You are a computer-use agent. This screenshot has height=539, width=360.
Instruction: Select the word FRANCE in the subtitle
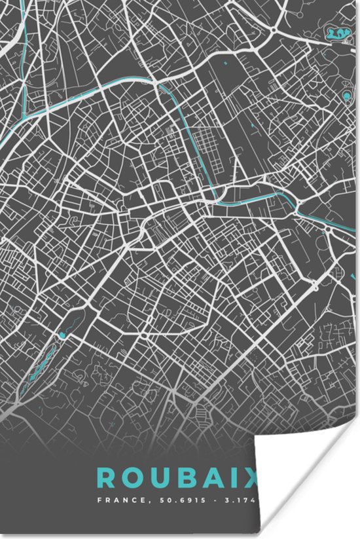(x=117, y=501)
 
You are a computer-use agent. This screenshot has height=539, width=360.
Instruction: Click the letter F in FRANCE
(x=99, y=501)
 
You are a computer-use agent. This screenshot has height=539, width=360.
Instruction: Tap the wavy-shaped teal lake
(x=337, y=32)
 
